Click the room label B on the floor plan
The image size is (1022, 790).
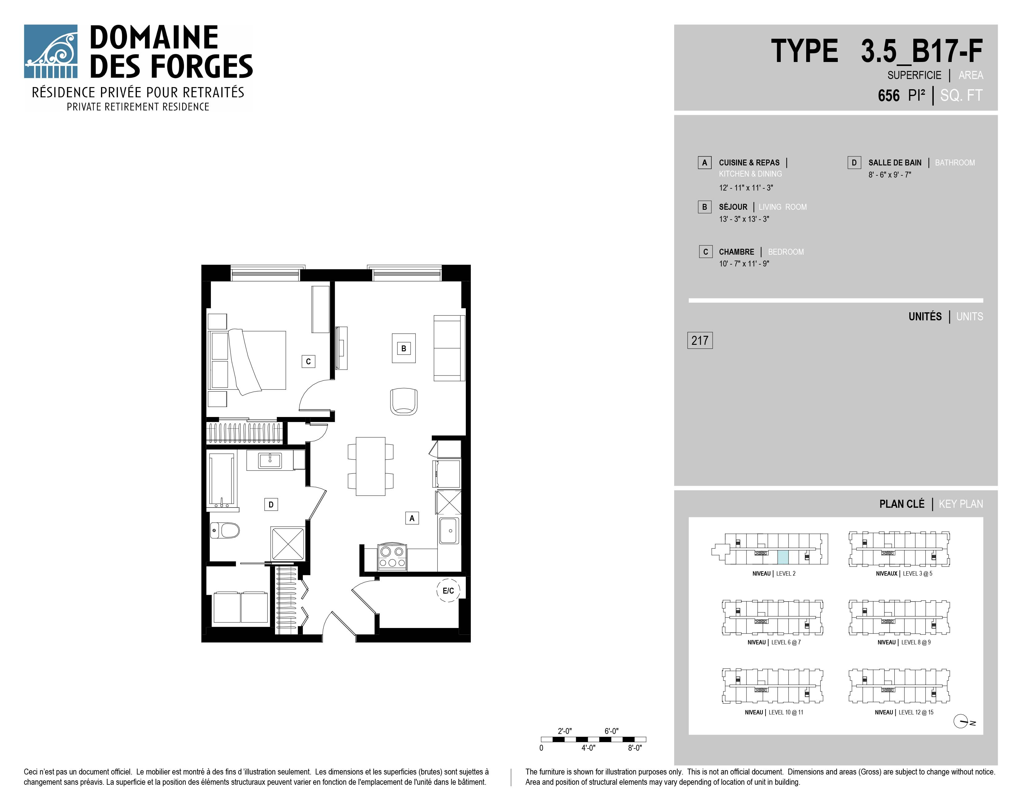[403, 348]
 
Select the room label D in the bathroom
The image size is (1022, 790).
[271, 504]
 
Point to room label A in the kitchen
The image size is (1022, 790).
[412, 518]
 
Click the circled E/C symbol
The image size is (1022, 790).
[448, 590]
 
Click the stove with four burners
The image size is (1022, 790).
[392, 557]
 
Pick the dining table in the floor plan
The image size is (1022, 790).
[371, 466]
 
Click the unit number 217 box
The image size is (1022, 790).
[700, 340]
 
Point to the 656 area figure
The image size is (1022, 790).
[889, 95]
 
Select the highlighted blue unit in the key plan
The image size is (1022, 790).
[783, 557]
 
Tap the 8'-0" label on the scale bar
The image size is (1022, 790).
[635, 748]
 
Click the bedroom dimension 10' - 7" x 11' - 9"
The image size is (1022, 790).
[744, 264]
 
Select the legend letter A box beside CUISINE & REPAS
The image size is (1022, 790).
[704, 162]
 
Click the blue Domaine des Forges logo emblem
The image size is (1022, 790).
[50, 51]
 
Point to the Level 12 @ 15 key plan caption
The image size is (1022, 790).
[904, 712]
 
